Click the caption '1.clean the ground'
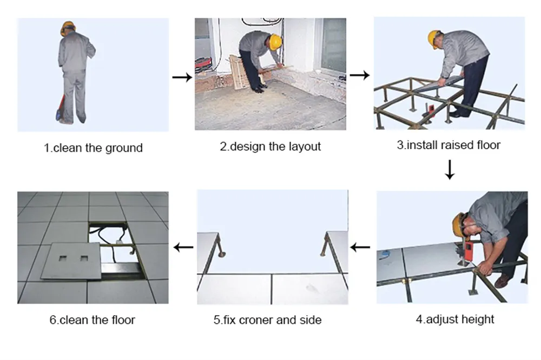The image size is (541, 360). click(93, 148)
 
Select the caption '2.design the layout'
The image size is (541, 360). click(270, 146)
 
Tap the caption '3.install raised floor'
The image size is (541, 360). click(448, 145)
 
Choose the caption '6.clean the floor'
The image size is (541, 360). click(92, 319)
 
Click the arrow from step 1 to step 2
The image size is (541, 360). click(182, 77)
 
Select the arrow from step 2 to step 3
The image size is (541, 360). click(360, 75)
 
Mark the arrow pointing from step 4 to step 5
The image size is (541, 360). click(360, 248)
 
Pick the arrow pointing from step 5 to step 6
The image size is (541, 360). click(184, 248)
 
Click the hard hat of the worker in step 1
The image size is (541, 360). click(68, 27)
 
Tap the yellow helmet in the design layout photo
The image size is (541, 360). click(276, 42)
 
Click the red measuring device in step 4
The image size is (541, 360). click(466, 249)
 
